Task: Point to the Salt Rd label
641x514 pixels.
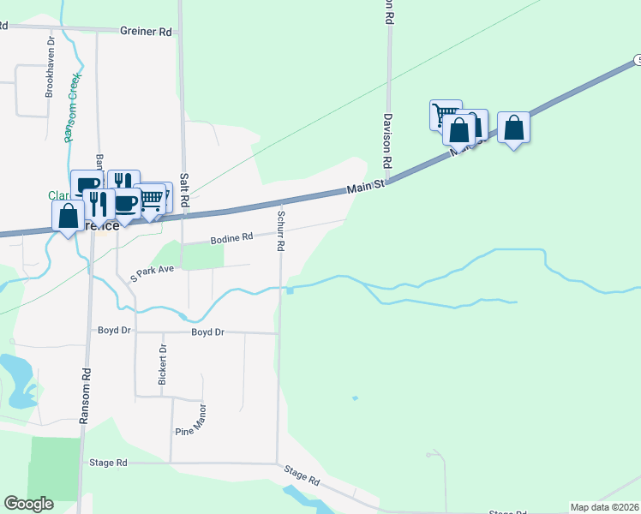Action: pos(183,197)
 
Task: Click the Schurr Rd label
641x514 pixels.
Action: pos(279,229)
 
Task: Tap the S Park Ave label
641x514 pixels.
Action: pos(152,272)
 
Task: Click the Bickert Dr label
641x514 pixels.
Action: pos(163,364)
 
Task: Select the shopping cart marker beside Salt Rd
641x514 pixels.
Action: pos(151,199)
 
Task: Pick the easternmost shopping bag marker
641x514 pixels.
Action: pos(513,128)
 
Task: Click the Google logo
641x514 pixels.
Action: pos(29,504)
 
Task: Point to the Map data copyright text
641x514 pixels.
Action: pos(604,507)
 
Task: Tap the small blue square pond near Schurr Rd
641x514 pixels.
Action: pos(290,290)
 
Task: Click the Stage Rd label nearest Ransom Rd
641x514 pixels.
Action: pos(108,463)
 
